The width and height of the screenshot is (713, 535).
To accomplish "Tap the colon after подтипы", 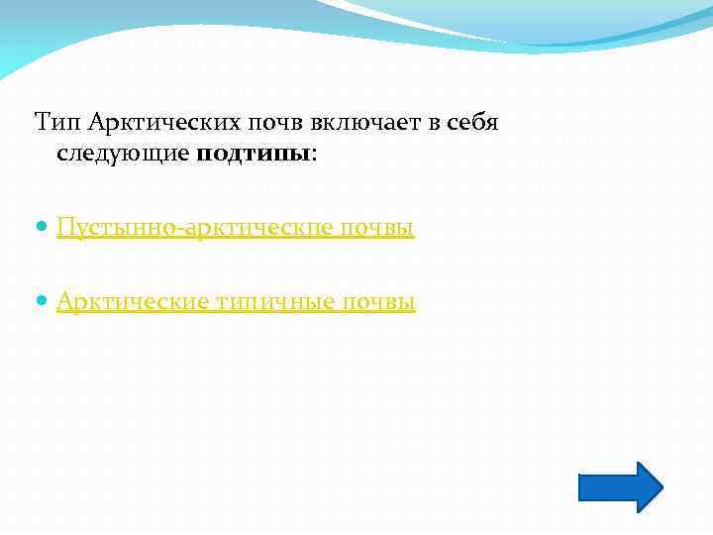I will (x=315, y=154).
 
